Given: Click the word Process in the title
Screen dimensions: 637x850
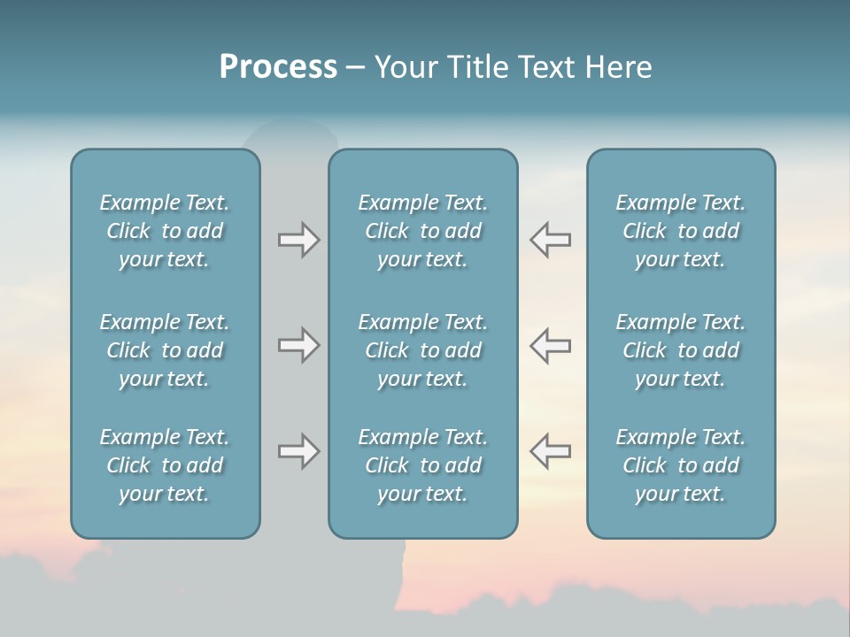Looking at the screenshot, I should pyautogui.click(x=278, y=67).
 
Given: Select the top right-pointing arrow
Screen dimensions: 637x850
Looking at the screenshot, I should pyautogui.click(x=298, y=240).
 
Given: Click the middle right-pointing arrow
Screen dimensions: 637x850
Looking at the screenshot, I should pyautogui.click(x=298, y=345).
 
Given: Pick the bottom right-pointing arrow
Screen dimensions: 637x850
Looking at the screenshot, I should pyautogui.click(x=298, y=451).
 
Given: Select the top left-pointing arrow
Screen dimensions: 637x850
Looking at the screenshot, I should pyautogui.click(x=551, y=240).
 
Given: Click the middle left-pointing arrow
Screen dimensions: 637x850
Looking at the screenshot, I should pyautogui.click(x=551, y=345).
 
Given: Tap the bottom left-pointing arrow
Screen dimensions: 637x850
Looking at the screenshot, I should pyautogui.click(x=551, y=451).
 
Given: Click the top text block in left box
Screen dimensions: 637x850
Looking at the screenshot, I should pyautogui.click(x=165, y=231).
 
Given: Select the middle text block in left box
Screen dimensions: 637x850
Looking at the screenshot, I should pyautogui.click(x=165, y=350).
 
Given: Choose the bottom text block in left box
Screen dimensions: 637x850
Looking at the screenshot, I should pyautogui.click(x=165, y=465).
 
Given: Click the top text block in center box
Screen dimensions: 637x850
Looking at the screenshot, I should pyautogui.click(x=423, y=231).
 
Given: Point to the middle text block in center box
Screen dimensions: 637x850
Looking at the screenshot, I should pyautogui.click(x=423, y=350).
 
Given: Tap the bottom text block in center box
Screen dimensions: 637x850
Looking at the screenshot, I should pyautogui.click(x=423, y=465).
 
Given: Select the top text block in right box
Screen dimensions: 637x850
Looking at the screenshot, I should pyautogui.click(x=681, y=231).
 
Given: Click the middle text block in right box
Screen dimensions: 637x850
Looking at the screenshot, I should pyautogui.click(x=681, y=350).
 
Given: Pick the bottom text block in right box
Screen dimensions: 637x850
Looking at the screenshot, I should pyautogui.click(x=681, y=465).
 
